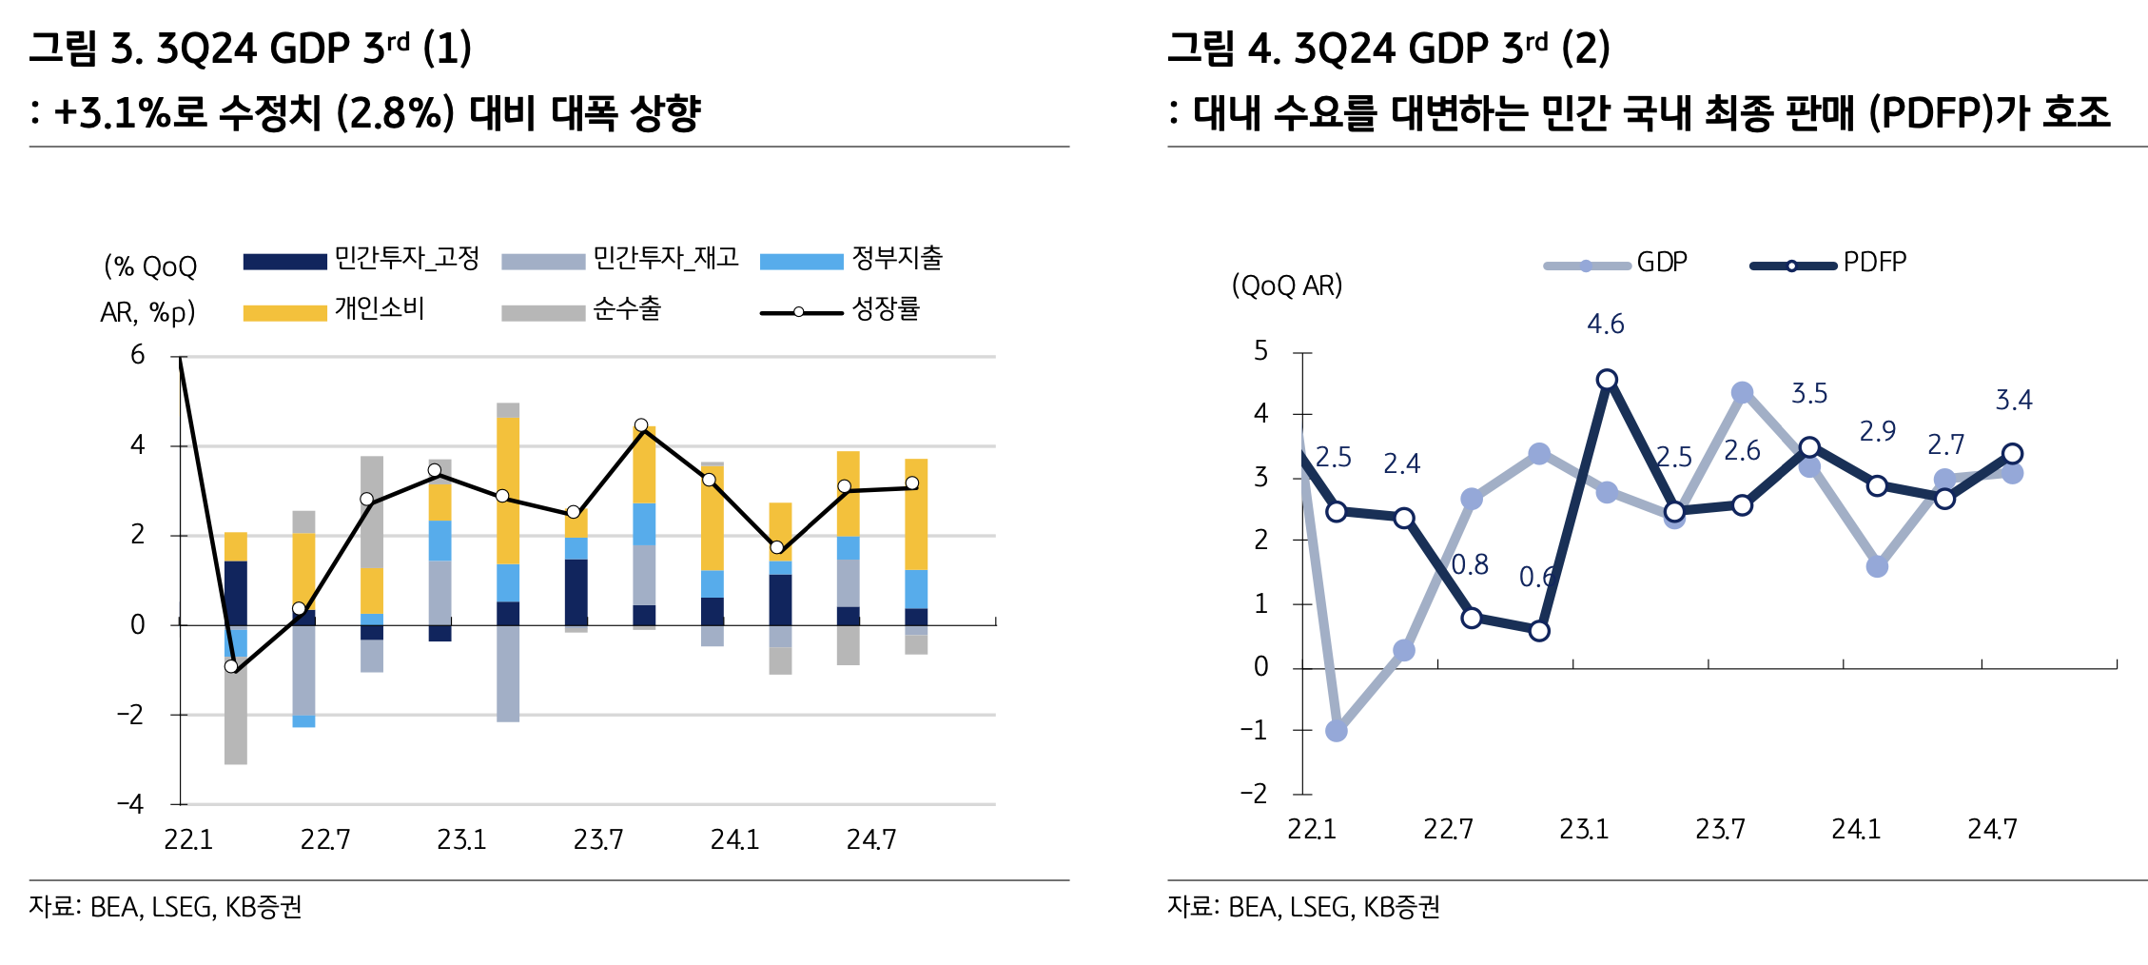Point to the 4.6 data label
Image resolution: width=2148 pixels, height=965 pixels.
click(x=1606, y=325)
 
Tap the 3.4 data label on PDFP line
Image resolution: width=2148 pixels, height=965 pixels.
click(x=2013, y=401)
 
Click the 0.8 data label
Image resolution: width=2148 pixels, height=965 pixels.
click(x=1470, y=565)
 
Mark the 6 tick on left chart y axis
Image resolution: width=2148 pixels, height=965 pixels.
click(x=138, y=356)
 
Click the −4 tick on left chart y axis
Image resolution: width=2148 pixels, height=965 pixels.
click(x=131, y=804)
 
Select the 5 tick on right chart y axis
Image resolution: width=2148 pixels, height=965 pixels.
click(x=1261, y=351)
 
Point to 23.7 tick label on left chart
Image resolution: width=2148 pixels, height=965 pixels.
click(x=598, y=839)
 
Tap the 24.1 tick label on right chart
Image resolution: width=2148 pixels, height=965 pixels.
click(x=1856, y=830)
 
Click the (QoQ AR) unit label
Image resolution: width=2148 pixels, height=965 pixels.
click(x=1287, y=286)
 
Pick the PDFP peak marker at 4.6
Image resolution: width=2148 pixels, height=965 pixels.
click(x=1607, y=380)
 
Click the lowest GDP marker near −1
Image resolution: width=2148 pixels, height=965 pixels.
click(x=1336, y=731)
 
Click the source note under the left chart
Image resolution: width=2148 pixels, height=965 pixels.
click(x=166, y=907)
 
